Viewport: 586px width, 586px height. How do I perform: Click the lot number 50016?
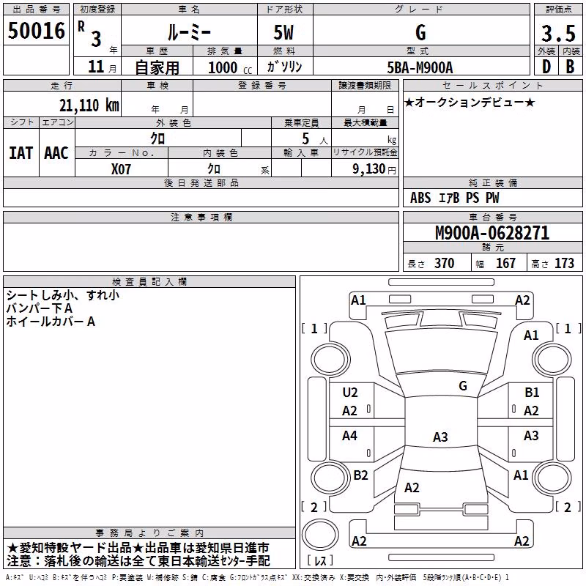(36, 31)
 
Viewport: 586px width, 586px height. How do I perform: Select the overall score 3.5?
(558, 34)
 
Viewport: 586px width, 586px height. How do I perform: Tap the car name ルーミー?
(189, 33)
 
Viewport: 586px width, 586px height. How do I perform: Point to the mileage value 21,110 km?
(89, 105)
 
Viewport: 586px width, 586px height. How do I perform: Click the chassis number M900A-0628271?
(492, 233)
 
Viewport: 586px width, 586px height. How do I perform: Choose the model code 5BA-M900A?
(420, 67)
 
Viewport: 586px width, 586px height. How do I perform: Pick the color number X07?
(121, 169)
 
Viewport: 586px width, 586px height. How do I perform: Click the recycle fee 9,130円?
(374, 169)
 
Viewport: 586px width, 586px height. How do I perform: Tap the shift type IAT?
(21, 153)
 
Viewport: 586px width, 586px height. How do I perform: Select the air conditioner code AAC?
(56, 153)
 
